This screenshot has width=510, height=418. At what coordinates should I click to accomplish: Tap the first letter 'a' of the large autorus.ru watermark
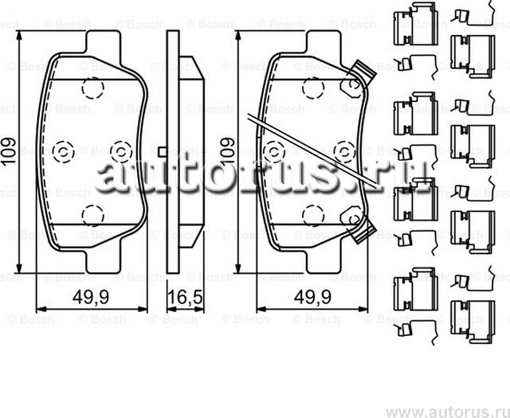[x=110, y=177]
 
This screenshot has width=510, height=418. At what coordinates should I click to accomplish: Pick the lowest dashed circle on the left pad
[x=93, y=213]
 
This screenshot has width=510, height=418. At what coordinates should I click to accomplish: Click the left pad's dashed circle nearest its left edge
[x=63, y=149]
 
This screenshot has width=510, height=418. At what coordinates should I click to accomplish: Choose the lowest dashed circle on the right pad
[x=313, y=213]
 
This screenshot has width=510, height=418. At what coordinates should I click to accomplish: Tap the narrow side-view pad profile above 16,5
[x=178, y=151]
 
